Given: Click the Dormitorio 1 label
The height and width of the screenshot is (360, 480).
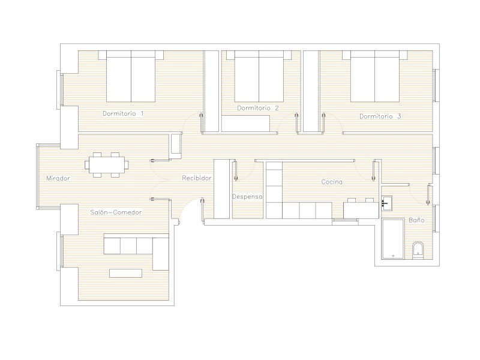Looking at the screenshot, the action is pos(123,113).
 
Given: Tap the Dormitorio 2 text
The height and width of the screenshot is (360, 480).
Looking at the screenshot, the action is pos(258,108).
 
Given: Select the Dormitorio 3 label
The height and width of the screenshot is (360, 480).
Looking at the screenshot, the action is pos(380,116).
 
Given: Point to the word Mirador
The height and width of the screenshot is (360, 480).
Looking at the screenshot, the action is pos(58,178).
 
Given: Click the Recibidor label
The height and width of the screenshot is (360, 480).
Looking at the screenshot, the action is pos(197,178).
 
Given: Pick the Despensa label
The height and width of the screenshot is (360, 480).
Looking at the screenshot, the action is pos(247,197).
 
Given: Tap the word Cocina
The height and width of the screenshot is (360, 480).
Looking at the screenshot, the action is pos(332,182).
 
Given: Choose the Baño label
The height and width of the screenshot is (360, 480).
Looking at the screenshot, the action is pos(416,220).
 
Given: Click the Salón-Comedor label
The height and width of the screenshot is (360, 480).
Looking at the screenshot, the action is pos(116,212).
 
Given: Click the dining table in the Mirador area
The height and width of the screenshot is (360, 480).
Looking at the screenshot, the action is pos(107,165).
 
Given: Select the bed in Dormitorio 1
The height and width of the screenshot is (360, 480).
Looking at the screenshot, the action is pos(131,76).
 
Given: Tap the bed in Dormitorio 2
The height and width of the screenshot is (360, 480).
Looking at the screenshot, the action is pos(259,76).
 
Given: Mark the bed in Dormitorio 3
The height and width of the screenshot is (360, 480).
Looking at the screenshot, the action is pos(375,76).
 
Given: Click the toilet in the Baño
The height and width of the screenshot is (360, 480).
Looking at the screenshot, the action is pos(418,250).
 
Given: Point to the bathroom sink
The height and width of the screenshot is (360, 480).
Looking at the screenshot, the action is pos(386,203).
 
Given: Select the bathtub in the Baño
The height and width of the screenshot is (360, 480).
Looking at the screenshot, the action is pos(393,239).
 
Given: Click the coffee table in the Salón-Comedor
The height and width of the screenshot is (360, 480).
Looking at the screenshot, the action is pos(126,273).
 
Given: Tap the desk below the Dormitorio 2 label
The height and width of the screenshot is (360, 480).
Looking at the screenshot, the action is pos(245,124).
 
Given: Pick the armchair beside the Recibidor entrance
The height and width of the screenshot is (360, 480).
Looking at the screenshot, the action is pos(176,146).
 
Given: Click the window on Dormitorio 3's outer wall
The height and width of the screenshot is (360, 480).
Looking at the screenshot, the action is pos(436,85).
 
